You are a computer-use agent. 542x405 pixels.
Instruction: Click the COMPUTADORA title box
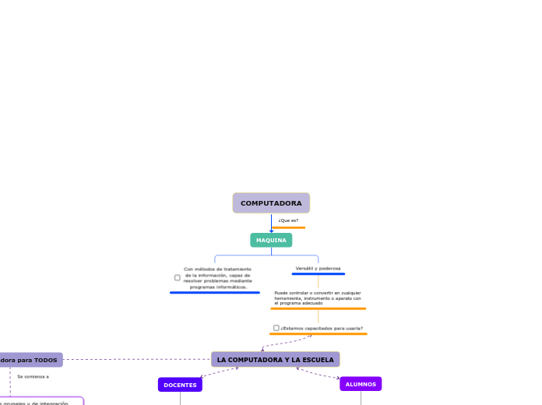click(x=271, y=203)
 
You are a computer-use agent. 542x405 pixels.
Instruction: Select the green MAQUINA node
click(x=271, y=240)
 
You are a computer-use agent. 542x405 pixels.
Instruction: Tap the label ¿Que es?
click(x=288, y=220)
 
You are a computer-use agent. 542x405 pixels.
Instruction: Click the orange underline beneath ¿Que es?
click(x=288, y=227)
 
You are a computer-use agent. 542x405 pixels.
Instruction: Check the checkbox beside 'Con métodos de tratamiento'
click(x=178, y=277)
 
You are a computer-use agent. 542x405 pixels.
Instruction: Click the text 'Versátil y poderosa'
click(x=318, y=268)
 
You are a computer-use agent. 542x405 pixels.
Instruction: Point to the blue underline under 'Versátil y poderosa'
click(x=318, y=274)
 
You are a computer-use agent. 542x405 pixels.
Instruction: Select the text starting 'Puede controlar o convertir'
click(x=318, y=298)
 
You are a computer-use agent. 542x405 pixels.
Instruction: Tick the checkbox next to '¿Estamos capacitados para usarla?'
click(x=276, y=328)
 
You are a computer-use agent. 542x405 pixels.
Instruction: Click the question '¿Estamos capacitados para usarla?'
click(x=322, y=328)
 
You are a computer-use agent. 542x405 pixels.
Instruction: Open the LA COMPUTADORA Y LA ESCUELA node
click(x=275, y=360)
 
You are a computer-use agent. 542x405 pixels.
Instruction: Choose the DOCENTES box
click(x=180, y=385)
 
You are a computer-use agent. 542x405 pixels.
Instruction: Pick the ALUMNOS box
click(x=361, y=384)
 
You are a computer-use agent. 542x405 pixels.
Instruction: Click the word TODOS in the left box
click(x=45, y=360)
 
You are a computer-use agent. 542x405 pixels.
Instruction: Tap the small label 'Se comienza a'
click(x=33, y=376)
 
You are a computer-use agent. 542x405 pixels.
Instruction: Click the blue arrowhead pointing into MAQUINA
click(x=271, y=231)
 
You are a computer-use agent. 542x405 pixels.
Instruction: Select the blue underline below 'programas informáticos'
click(x=214, y=293)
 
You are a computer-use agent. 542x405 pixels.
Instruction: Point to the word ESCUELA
click(x=316, y=360)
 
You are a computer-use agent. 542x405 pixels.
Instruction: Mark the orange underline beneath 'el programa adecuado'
click(x=318, y=308)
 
